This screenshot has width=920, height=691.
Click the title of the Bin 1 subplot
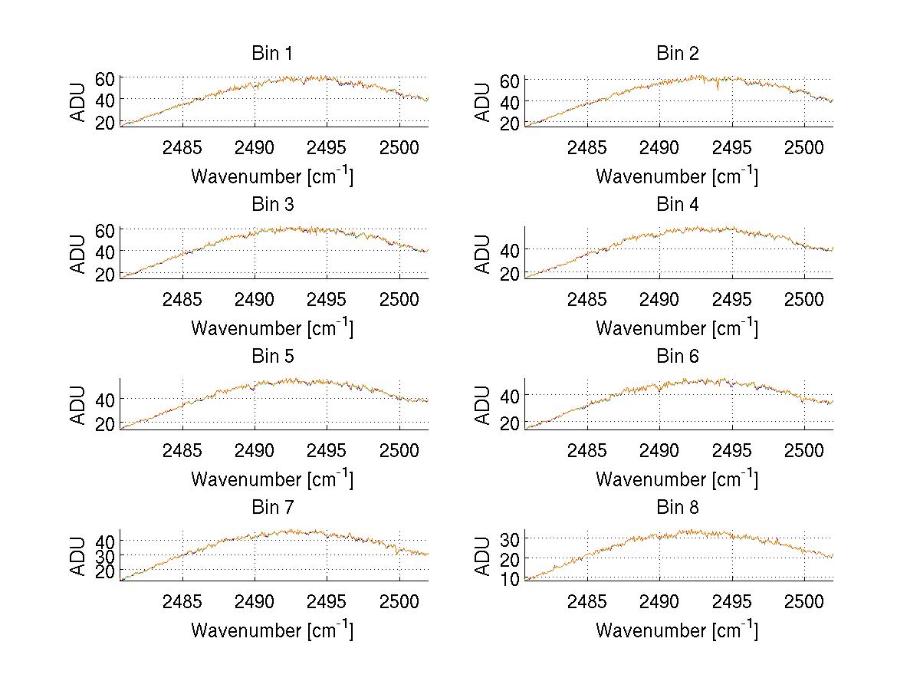pyautogui.click(x=272, y=54)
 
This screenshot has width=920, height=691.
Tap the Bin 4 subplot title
pyautogui.click(x=678, y=205)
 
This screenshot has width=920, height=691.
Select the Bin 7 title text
pyautogui.click(x=272, y=508)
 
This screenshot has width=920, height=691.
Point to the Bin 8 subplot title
pyautogui.click(x=678, y=508)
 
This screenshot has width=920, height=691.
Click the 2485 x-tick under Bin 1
pyautogui.click(x=182, y=147)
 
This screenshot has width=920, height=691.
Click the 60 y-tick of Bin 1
pyautogui.click(x=105, y=78)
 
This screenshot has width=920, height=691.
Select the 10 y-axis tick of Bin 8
pyautogui.click(x=510, y=579)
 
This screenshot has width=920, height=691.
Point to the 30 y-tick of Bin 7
pyautogui.click(x=105, y=555)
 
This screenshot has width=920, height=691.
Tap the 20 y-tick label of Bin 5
pyautogui.click(x=105, y=424)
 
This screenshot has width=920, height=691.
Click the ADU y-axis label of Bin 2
pyautogui.click(x=483, y=102)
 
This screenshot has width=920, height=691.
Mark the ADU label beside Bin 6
pyautogui.click(x=483, y=405)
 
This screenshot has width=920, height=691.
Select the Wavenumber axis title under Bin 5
pyautogui.click(x=272, y=479)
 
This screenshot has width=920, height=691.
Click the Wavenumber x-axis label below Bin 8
pyautogui.click(x=677, y=630)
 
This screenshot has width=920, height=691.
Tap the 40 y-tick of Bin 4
pyautogui.click(x=510, y=250)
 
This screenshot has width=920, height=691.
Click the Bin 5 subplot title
pyautogui.click(x=272, y=357)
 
